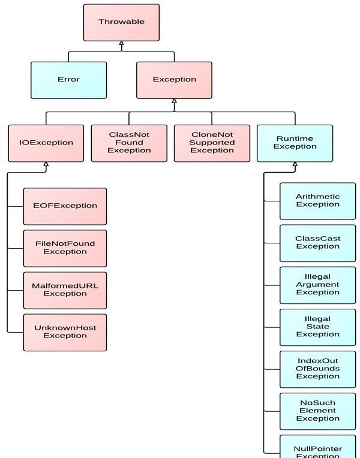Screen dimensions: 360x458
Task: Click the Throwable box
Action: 121,23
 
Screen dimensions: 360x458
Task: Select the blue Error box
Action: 69,80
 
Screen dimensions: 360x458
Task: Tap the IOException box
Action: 46,143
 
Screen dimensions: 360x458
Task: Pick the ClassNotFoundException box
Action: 129,143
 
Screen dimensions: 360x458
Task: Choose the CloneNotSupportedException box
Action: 212,143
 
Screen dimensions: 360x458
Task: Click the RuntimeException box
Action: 295,143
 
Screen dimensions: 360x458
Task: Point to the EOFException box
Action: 65,206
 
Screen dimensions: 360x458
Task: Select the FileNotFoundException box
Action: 65,249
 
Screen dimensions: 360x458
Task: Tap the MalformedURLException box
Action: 65,290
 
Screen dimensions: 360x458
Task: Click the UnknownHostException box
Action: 65,332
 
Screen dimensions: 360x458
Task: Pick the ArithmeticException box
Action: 318,201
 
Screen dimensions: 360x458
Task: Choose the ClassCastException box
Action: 318,243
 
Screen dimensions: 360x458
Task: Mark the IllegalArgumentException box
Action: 318,285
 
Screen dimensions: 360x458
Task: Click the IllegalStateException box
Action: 318,327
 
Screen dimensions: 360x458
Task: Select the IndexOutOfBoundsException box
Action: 318,369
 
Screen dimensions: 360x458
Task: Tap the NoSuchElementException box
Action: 318,412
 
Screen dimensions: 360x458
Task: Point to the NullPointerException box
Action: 318,447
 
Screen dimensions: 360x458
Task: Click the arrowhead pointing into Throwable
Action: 121,43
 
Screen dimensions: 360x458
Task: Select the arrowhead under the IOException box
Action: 46,164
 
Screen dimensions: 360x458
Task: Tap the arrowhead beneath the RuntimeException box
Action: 295,164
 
